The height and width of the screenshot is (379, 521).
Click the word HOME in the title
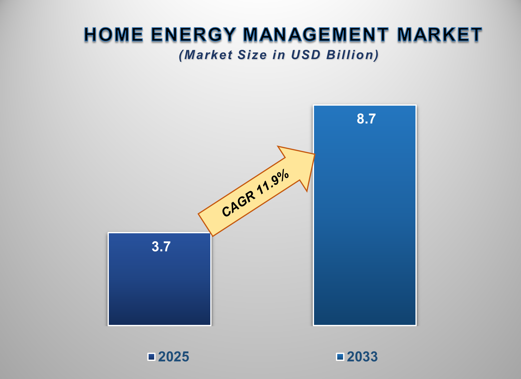(x=114, y=34)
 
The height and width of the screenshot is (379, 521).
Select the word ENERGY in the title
(x=194, y=34)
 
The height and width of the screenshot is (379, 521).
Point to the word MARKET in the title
(x=439, y=34)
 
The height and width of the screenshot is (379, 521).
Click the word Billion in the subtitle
(x=353, y=55)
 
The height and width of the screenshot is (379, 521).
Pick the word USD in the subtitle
(x=306, y=55)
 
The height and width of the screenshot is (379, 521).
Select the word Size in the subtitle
(x=252, y=55)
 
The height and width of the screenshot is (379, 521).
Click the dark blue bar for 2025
(x=160, y=286)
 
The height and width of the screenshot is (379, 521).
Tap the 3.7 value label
(x=161, y=247)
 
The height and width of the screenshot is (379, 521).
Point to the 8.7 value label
(x=366, y=119)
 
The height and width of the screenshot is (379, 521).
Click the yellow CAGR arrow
(x=255, y=194)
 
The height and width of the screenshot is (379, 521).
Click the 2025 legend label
(x=174, y=357)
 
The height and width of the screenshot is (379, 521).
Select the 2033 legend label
(x=362, y=357)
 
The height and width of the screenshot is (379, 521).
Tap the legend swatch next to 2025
(x=151, y=357)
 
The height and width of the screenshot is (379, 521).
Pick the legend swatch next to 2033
(x=340, y=357)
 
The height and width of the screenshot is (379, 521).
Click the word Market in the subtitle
(x=208, y=55)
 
